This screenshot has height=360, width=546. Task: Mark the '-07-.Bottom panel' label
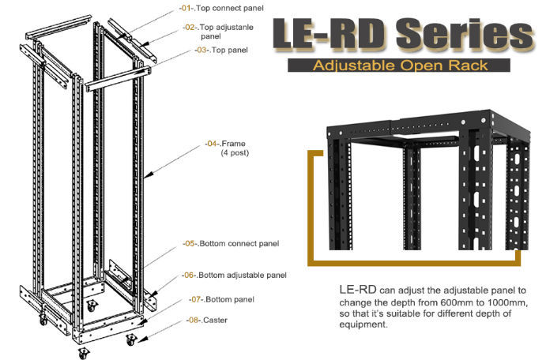[x=224, y=299]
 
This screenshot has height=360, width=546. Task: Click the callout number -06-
[x=191, y=275]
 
